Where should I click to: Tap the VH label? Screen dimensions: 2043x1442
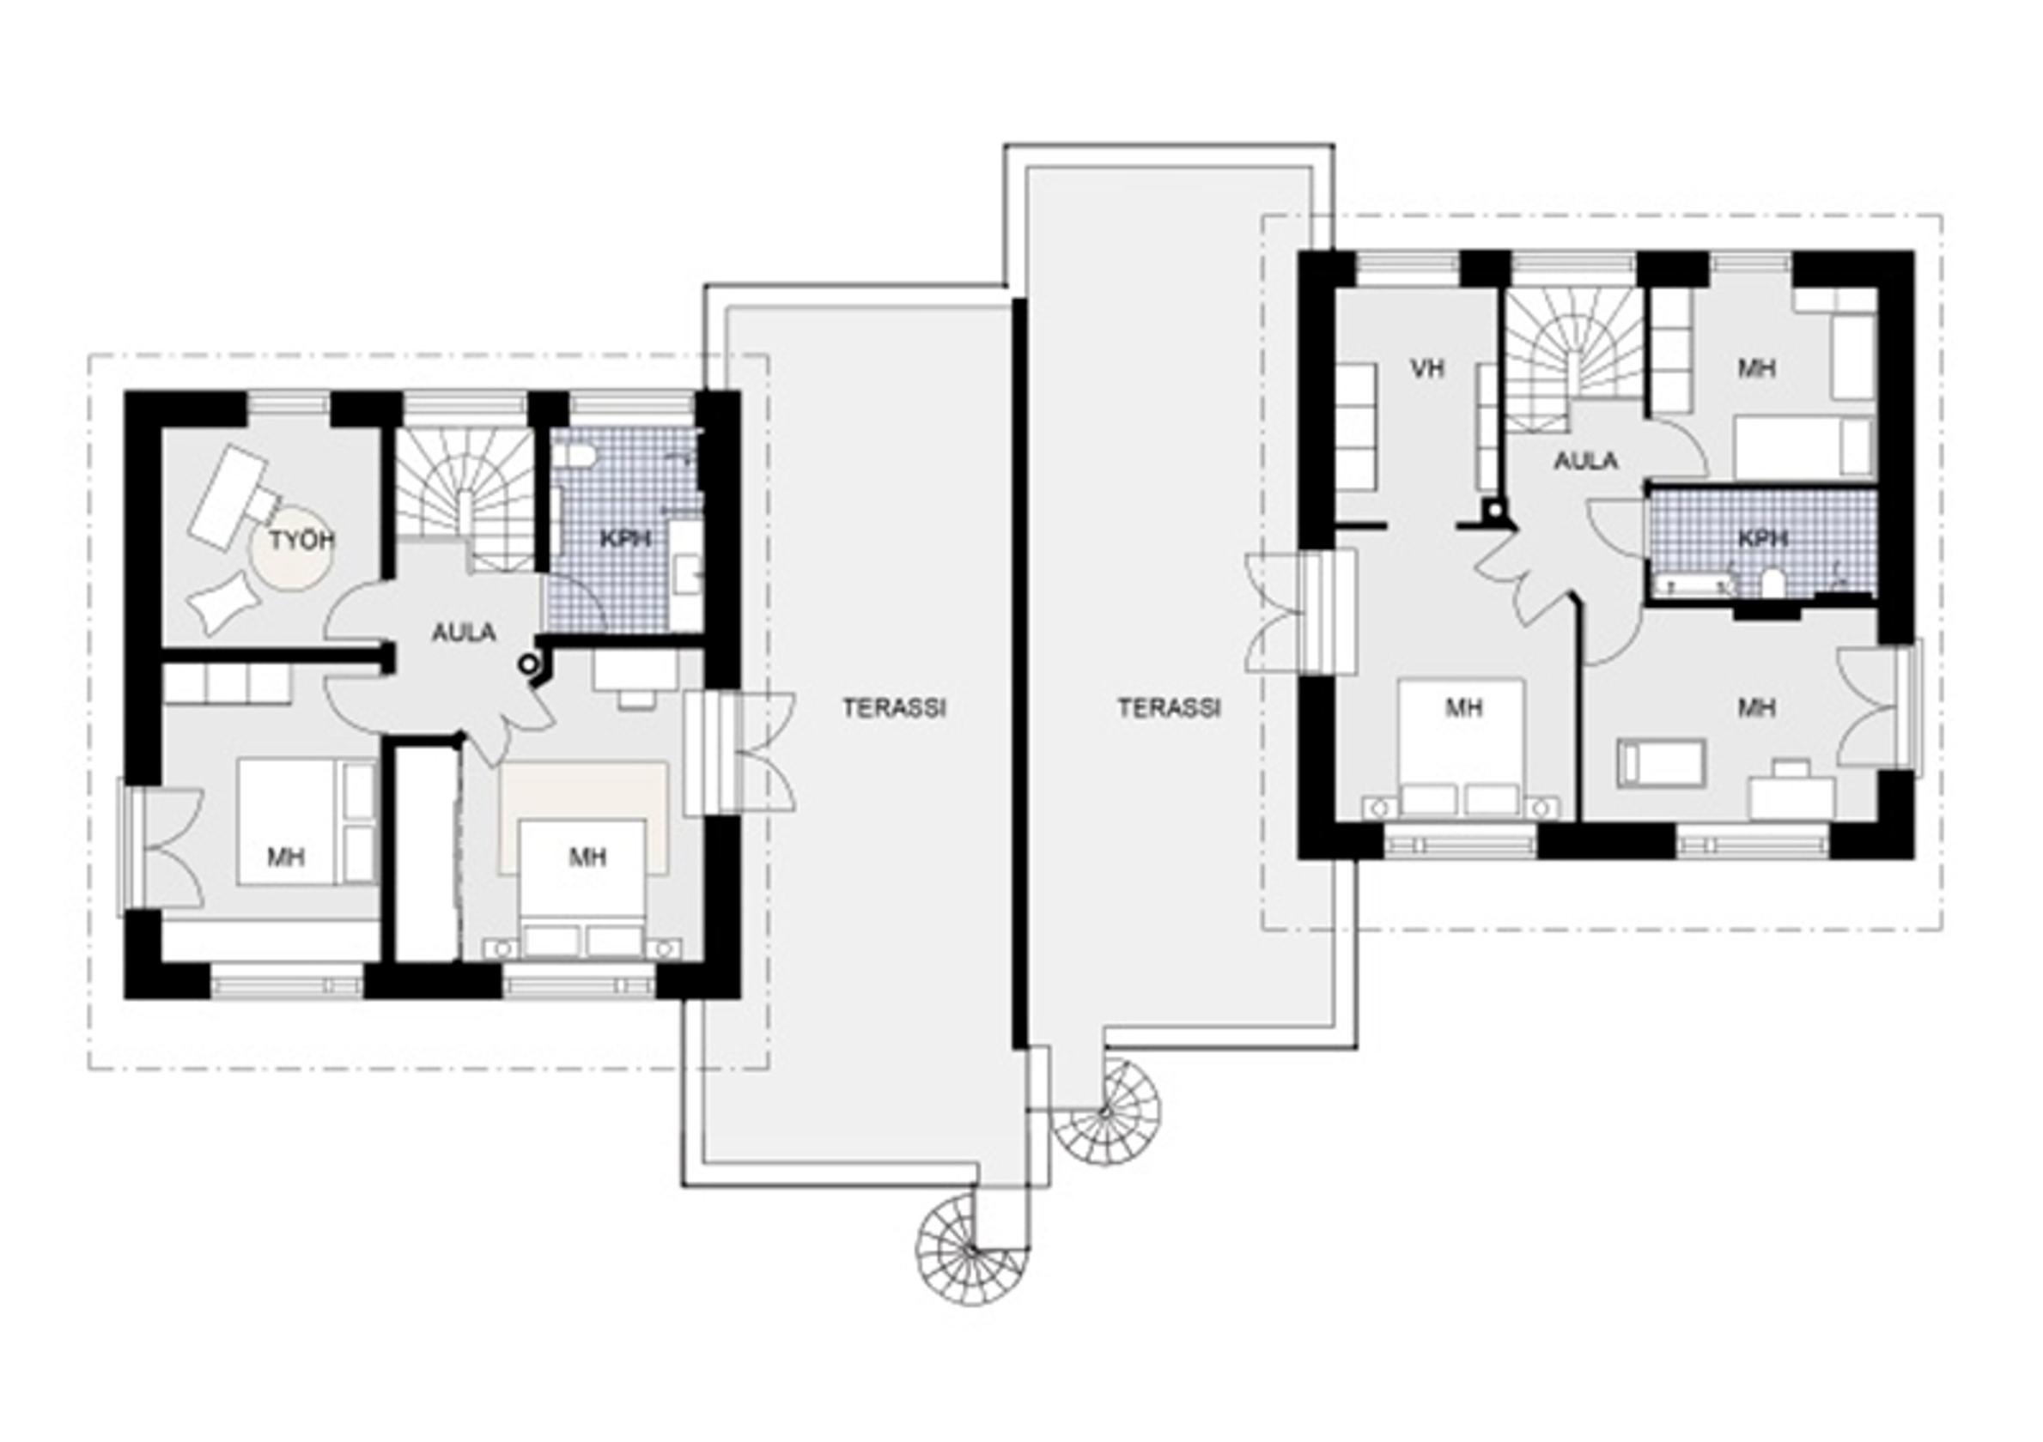coord(1426,367)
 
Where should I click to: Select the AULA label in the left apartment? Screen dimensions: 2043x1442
coord(464,633)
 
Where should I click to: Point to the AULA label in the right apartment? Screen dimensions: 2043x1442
coord(1585,461)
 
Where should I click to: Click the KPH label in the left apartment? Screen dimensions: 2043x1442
coord(624,539)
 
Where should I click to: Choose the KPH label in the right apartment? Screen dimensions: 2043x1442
coord(1764,538)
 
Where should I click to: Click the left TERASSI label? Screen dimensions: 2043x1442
coord(894,708)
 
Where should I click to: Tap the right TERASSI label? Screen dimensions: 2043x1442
coord(1170,708)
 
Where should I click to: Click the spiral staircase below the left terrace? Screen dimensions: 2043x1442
coord(973,1251)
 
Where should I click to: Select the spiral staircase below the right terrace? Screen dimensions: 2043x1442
coord(1108,1111)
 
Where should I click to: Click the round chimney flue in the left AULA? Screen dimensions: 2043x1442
coord(531,663)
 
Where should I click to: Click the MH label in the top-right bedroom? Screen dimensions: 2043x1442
coord(1756,367)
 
